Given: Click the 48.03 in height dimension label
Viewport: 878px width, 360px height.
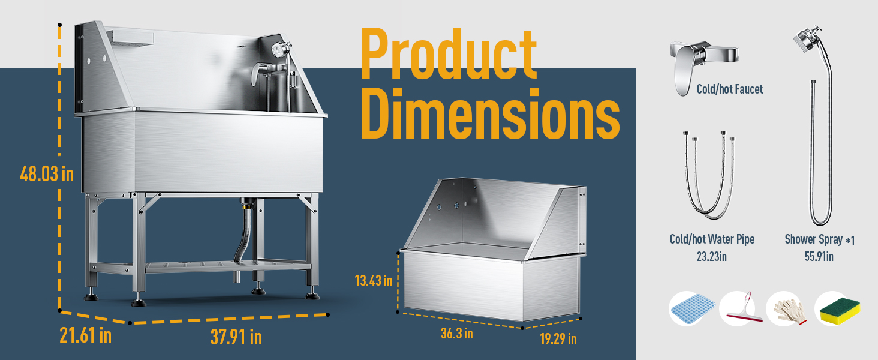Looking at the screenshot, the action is click(x=47, y=174).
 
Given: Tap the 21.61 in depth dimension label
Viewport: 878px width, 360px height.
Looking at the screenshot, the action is click(x=85, y=335).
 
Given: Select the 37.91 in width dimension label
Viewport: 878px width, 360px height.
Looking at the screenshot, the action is click(x=236, y=337).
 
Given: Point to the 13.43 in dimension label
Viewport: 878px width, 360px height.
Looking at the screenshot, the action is click(x=374, y=280).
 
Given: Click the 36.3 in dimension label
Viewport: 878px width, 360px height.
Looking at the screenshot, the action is click(x=456, y=334).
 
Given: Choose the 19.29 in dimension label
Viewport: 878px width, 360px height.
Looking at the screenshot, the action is click(x=558, y=339).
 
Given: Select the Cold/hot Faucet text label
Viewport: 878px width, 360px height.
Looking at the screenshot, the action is click(x=729, y=89).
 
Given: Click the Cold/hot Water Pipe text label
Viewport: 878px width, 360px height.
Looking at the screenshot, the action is click(x=712, y=239).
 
